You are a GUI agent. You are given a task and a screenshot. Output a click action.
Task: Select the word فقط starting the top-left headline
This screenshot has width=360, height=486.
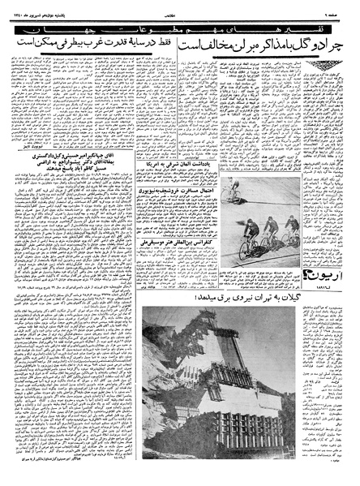click(173, 38)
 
